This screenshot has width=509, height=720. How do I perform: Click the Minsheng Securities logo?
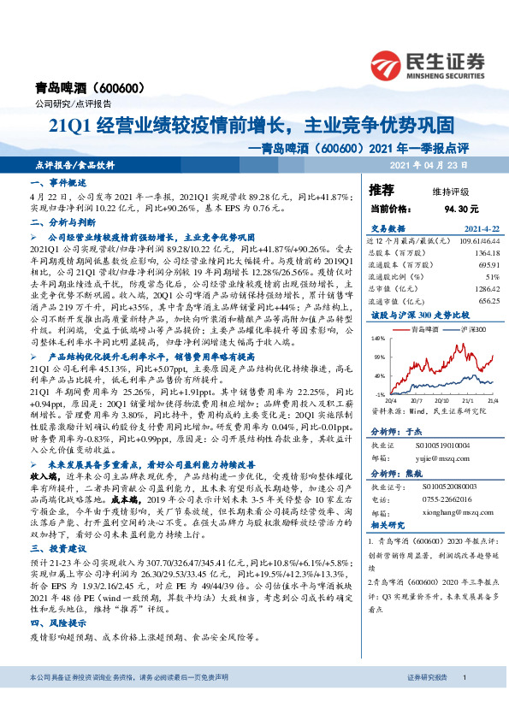point(427,64)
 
